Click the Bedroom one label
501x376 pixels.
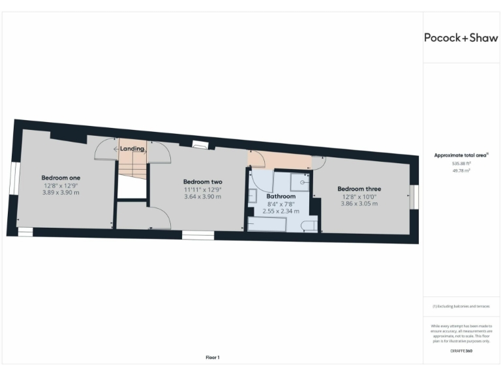(61, 177)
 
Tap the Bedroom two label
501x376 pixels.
(202, 181)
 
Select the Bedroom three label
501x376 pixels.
(359, 189)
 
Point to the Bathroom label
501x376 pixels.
(281, 196)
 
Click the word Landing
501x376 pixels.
(132, 149)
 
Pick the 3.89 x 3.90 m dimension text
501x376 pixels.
(61, 193)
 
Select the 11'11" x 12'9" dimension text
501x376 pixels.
(202, 189)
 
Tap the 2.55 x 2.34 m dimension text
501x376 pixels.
(281, 211)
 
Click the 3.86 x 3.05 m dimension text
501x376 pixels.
(359, 204)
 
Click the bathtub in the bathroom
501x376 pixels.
(267, 225)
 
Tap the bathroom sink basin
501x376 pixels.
(253, 196)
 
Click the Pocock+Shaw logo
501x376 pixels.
(461, 37)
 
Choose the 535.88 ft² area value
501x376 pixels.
(461, 163)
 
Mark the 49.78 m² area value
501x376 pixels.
(461, 170)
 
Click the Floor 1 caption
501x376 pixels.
(213, 357)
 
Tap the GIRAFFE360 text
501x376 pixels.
(461, 351)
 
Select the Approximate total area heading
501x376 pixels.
(461, 155)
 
